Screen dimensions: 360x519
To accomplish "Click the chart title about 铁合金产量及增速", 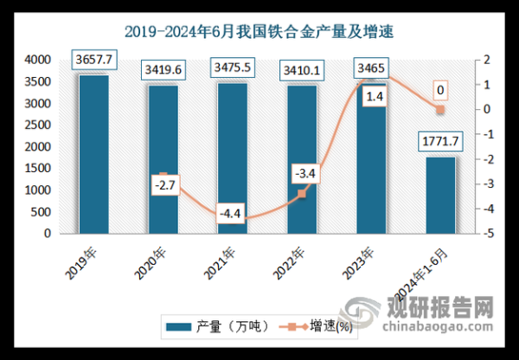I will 259,33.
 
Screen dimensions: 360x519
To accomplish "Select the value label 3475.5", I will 231,69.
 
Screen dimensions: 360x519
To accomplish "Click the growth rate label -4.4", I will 232,213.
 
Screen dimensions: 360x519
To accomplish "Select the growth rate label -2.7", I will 163,184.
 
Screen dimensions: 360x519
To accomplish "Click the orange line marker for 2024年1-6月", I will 439,111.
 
